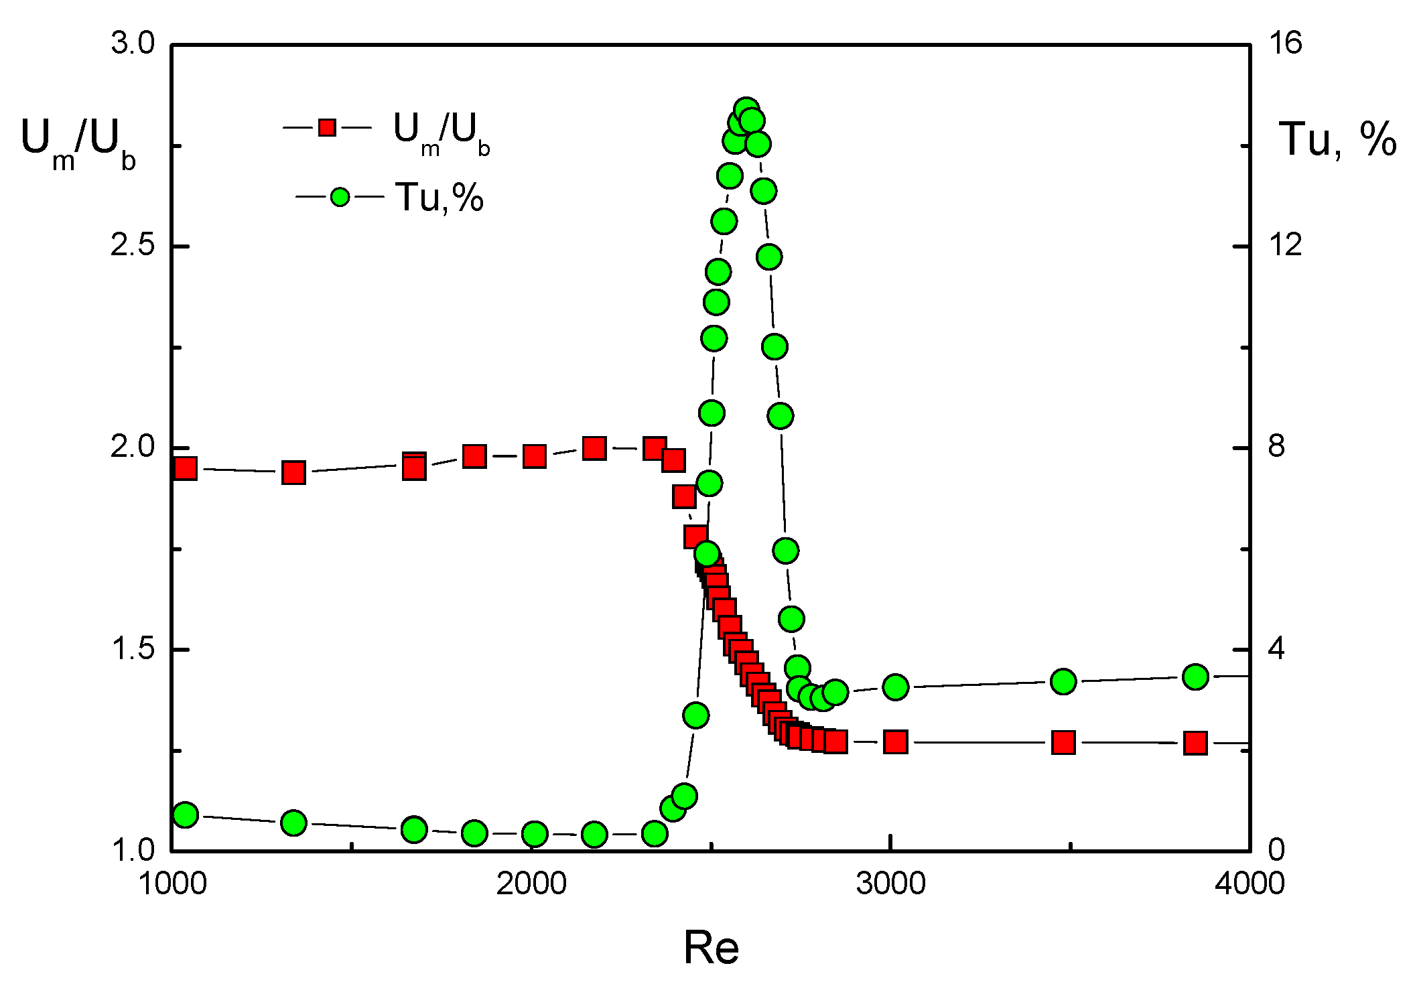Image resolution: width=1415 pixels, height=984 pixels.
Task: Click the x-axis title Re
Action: coord(711,948)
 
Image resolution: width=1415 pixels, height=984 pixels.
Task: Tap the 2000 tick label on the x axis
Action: coord(531,884)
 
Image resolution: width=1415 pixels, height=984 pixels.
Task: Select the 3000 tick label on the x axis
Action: coord(890,884)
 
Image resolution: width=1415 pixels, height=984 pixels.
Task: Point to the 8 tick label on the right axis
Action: coord(1276,447)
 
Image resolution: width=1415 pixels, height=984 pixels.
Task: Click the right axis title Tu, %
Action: coord(1337,139)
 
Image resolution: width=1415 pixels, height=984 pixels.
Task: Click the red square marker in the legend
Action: coord(327,127)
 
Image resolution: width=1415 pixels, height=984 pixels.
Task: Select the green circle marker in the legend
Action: coord(340,197)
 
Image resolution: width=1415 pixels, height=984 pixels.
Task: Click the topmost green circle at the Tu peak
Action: coord(746,110)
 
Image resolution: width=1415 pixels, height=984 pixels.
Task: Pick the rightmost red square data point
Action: coord(1195,743)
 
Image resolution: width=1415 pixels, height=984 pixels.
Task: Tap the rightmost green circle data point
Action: coord(1195,677)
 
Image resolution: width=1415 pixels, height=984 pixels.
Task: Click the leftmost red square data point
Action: coord(186,468)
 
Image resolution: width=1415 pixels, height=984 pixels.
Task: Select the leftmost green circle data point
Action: coord(186,815)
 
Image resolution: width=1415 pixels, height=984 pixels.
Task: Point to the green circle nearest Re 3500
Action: coord(1063,682)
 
